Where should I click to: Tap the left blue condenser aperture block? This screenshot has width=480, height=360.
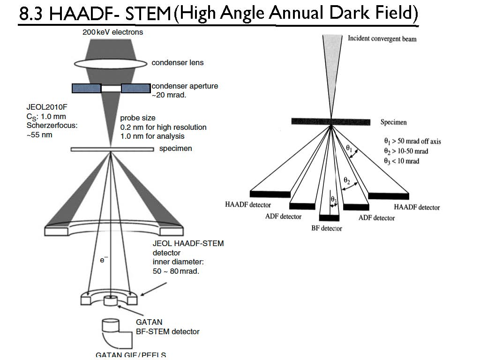(x=86, y=88)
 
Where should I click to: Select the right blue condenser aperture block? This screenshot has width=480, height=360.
(x=135, y=88)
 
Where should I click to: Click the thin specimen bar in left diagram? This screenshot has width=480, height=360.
(x=112, y=150)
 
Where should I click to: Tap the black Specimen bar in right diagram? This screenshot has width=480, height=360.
(x=331, y=121)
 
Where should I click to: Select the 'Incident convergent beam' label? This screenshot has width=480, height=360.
(x=382, y=38)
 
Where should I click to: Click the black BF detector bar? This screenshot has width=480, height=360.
(x=330, y=218)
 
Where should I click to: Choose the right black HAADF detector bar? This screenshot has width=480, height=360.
(x=389, y=195)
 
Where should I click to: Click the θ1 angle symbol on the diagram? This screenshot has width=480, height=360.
(x=349, y=148)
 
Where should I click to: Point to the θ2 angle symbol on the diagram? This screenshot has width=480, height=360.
(x=347, y=180)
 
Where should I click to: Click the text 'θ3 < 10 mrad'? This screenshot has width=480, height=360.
(x=401, y=161)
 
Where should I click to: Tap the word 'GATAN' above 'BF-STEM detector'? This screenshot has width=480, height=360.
(x=149, y=322)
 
